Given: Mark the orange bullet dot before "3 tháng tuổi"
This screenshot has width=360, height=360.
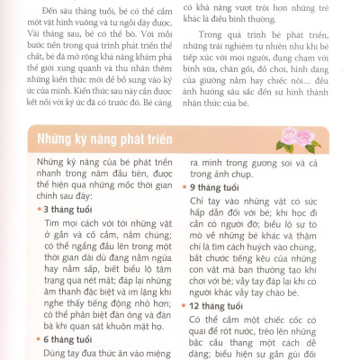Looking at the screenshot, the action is [x=48, y=209].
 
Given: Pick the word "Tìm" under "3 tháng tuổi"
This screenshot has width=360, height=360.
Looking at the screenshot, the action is [x=51, y=221].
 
